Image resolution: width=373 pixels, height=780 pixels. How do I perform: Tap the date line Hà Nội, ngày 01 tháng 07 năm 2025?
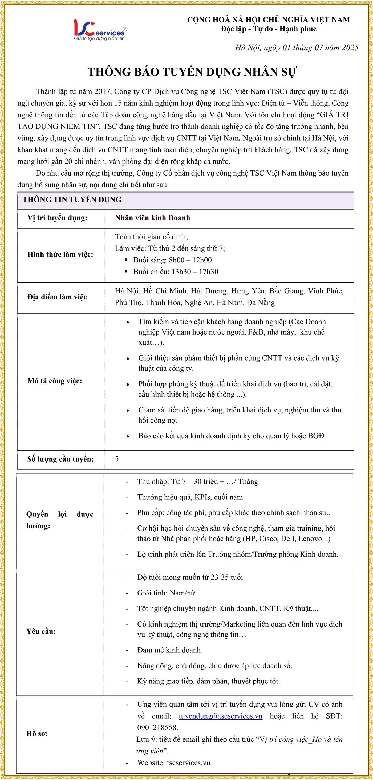297,48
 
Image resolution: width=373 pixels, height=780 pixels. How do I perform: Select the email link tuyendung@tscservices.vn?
220,716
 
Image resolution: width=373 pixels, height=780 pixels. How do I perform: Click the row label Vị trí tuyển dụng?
57,218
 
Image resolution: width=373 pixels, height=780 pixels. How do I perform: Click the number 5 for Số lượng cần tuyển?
117,459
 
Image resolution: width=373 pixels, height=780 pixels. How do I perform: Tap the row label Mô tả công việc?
55,381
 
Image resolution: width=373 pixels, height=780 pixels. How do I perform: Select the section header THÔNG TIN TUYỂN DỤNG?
72,199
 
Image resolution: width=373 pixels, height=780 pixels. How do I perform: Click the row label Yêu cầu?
41,631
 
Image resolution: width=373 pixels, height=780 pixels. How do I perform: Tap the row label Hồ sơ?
37,733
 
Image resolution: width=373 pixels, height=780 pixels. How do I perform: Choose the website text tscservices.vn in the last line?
188,762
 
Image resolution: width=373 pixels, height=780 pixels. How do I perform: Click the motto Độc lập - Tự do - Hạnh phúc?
269,29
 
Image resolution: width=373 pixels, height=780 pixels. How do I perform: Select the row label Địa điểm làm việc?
57,297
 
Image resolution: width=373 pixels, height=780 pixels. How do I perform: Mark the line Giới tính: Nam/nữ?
166,593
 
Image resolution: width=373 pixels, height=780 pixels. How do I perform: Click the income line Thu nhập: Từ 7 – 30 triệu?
197,482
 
